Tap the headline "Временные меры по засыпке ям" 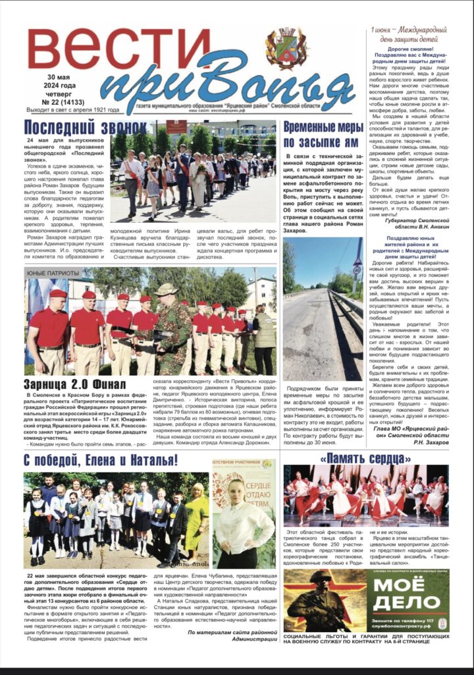click(x=321, y=134)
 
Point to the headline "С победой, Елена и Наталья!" click(x=102, y=460)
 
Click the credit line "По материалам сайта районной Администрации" click(x=232, y=635)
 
